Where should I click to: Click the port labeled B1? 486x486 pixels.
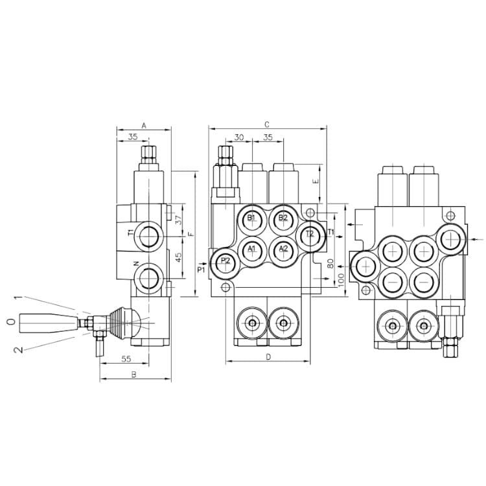252,220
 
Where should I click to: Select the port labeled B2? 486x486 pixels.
283,220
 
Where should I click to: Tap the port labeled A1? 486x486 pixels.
252,251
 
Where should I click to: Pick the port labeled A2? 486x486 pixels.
283,251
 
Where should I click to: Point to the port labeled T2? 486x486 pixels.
310,236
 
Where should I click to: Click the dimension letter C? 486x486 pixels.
267,124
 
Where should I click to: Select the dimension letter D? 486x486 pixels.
268,357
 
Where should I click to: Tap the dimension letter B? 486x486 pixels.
134,375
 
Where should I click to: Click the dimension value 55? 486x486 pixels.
126,359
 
